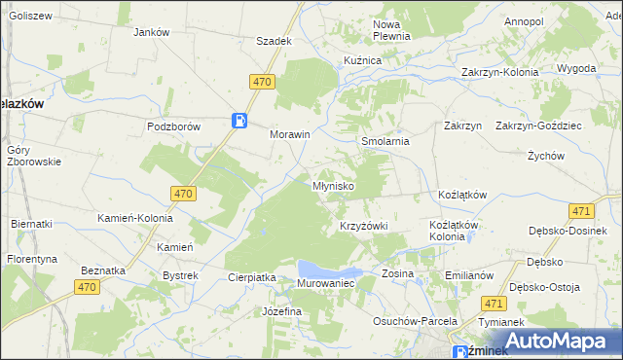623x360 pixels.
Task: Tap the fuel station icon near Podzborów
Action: pos(239,121)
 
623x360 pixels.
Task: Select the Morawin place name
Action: pos(289,135)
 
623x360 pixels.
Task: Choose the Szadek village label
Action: pos(274,41)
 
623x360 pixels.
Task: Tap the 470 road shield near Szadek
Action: pos(260,84)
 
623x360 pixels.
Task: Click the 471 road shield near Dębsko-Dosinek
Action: pos(581,211)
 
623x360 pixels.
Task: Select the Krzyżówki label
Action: pos(363,226)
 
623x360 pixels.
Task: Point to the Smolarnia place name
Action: pos(385,141)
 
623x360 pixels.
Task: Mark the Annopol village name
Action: pos(524,20)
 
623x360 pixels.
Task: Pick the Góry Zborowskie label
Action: pos(33,156)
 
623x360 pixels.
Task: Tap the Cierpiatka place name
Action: pos(252,277)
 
